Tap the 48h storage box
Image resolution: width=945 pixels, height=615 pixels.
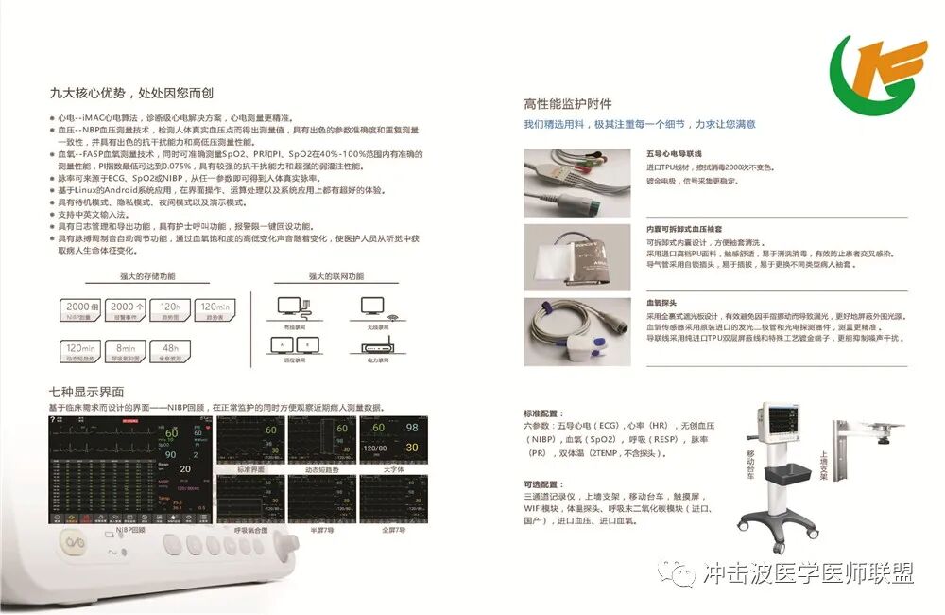click(x=170, y=351)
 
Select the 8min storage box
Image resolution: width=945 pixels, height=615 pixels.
click(x=128, y=351)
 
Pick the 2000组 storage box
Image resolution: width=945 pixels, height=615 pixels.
click(x=80, y=309)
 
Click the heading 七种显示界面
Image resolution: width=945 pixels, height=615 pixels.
click(x=87, y=392)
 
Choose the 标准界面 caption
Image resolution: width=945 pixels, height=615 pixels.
click(x=250, y=469)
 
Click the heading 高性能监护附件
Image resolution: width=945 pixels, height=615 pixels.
click(x=567, y=104)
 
